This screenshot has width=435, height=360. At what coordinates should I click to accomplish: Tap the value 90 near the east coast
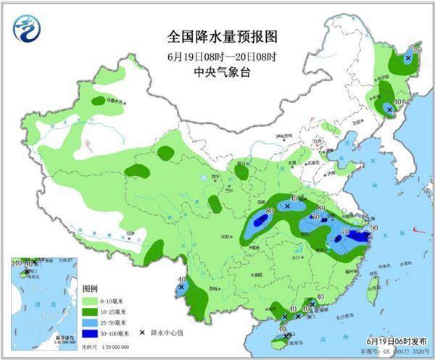click(373, 229)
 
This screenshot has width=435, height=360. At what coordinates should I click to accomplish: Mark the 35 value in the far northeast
click(416, 50)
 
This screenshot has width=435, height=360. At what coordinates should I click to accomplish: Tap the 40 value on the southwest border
click(181, 280)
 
